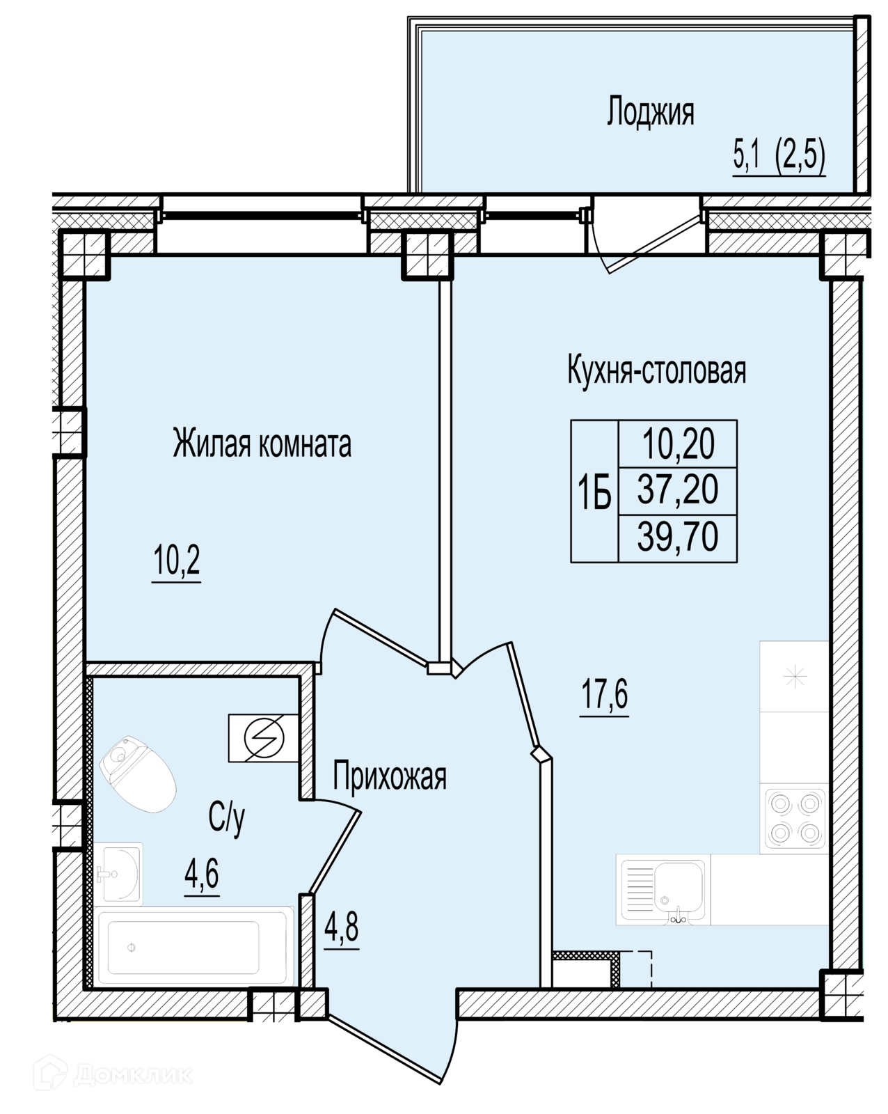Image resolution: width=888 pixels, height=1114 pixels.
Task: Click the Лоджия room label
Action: click(650, 111)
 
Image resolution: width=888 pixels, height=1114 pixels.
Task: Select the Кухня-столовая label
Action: click(657, 370)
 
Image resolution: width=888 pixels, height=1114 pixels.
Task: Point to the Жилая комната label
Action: click(262, 443)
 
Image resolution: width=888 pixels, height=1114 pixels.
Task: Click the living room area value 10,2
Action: click(177, 560)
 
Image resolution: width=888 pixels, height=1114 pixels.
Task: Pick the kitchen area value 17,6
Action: click(605, 693)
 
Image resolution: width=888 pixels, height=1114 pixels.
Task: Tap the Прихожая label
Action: click(389, 776)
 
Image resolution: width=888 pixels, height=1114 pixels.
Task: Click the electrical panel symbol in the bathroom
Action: click(263, 738)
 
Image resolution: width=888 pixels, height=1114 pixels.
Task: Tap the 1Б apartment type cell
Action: click(594, 491)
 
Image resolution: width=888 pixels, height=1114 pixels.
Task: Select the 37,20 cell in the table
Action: click(678, 491)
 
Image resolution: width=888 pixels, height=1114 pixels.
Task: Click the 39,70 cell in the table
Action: click(678, 538)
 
